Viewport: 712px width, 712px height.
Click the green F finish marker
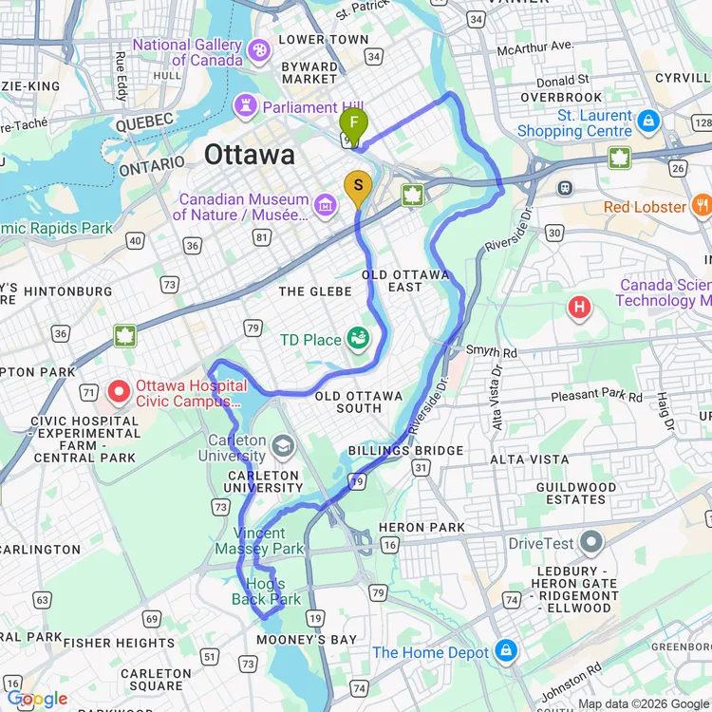[353, 123]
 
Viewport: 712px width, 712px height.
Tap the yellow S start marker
[358, 185]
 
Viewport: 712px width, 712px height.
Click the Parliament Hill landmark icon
[248, 107]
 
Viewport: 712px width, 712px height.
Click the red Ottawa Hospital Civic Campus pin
[120, 390]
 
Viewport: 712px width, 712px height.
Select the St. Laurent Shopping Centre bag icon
[648, 121]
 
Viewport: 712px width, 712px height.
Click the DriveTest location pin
[592, 543]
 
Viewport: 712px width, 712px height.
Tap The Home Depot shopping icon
[506, 652]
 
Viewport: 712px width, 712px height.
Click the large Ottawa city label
[250, 155]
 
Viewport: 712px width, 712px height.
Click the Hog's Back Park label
[267, 590]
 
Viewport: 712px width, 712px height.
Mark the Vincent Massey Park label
[259, 541]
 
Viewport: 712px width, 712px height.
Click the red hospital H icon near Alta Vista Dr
[578, 307]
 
